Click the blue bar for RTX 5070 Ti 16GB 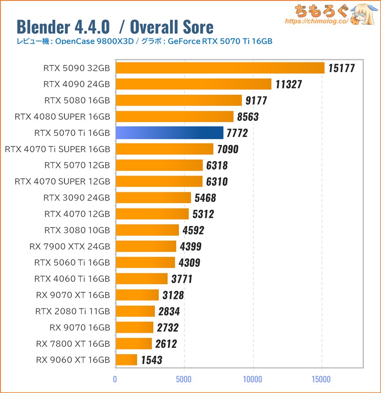click(169, 133)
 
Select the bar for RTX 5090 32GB click(220, 68)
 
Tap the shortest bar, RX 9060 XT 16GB click(126, 360)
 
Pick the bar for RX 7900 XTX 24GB click(146, 247)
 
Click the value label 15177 click(342, 68)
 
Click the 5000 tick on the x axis click(184, 380)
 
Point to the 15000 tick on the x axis click(321, 380)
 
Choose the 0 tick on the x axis click(115, 380)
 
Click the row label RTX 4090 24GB click(76, 84)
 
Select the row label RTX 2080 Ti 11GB click(72, 311)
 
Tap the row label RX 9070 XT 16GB click(73, 295)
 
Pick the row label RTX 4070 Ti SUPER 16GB click(57, 149)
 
